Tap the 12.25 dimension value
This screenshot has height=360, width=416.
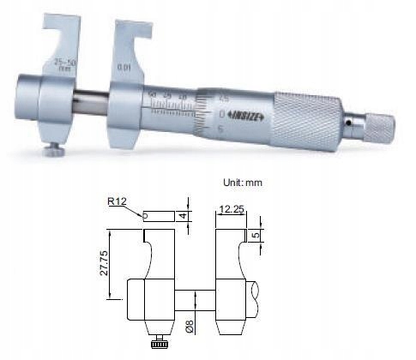pyautogui.click(x=232, y=208)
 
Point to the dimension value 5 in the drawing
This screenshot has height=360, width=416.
pyautogui.click(x=256, y=234)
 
